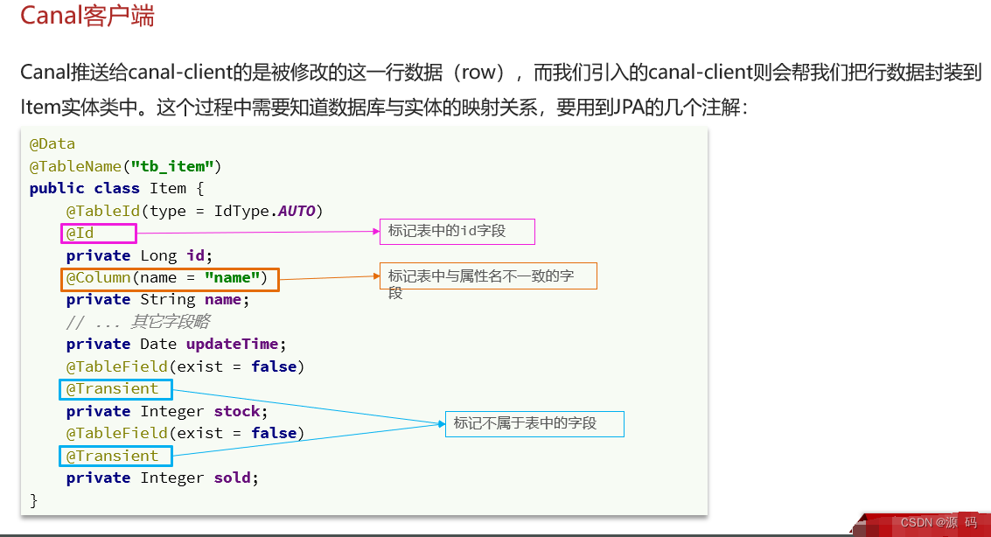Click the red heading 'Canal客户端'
tap(87, 17)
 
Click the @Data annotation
tap(52, 143)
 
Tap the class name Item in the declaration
tap(168, 188)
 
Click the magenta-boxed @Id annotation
tap(97, 233)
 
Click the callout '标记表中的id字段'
tap(455, 232)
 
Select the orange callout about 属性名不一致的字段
tap(486, 276)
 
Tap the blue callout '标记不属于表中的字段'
tap(534, 423)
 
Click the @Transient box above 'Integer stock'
tap(115, 388)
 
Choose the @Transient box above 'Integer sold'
tap(115, 456)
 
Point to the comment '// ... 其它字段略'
tap(137, 322)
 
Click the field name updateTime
tap(232, 344)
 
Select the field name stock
tap(237, 411)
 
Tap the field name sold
tap(232, 478)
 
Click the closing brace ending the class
tap(34, 500)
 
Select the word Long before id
tap(158, 255)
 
